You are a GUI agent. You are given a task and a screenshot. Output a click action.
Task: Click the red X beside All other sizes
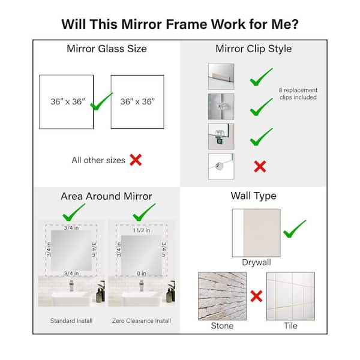136,160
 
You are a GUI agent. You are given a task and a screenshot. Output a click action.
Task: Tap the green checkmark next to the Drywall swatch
294,229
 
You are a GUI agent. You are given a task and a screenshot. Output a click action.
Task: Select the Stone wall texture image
222,296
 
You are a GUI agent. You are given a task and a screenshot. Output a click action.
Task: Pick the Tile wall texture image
290,296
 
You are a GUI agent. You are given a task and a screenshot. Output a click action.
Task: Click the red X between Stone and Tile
256,296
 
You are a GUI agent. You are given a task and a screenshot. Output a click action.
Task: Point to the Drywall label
256,262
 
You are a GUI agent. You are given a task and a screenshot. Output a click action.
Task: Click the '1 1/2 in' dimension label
142,230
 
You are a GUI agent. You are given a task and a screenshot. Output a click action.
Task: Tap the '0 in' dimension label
142,274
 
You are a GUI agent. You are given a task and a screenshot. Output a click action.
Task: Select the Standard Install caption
71,320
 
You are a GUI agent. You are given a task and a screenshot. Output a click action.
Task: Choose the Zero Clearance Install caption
142,320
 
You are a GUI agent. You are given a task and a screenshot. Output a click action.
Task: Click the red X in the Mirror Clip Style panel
260,166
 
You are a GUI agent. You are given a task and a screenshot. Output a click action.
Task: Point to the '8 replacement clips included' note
298,94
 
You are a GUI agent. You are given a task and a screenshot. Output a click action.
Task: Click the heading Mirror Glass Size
107,49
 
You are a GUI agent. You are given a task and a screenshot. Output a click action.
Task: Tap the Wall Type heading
253,196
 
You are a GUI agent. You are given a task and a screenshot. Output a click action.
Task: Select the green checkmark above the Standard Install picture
74,212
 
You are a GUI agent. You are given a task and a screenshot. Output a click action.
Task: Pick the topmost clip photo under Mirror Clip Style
221,77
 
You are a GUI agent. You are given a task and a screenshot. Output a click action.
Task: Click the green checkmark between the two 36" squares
101,101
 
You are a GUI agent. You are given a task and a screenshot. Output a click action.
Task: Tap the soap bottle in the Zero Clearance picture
170,294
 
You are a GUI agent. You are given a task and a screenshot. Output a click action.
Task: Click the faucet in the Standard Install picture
71,286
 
